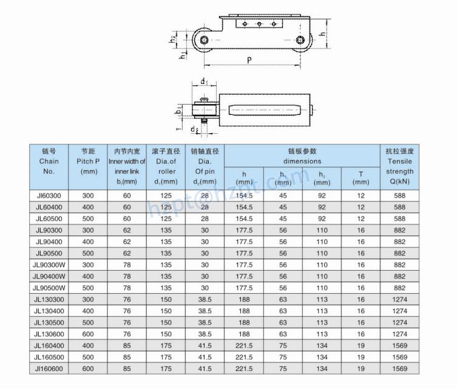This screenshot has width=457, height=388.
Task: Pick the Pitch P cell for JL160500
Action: (89, 356)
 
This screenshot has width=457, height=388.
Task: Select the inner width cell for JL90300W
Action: (127, 265)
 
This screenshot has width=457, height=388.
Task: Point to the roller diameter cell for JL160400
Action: (166, 345)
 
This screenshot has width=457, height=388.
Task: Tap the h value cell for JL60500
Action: (244, 218)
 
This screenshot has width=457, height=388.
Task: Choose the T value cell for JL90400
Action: (361, 241)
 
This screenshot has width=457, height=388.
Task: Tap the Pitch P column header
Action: (89, 162)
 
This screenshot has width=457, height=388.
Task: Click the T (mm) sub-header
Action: (361, 178)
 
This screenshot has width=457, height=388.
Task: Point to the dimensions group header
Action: (302, 156)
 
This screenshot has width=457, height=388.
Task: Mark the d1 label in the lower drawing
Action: (205, 81)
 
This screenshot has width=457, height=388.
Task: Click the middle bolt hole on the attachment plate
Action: (259, 24)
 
